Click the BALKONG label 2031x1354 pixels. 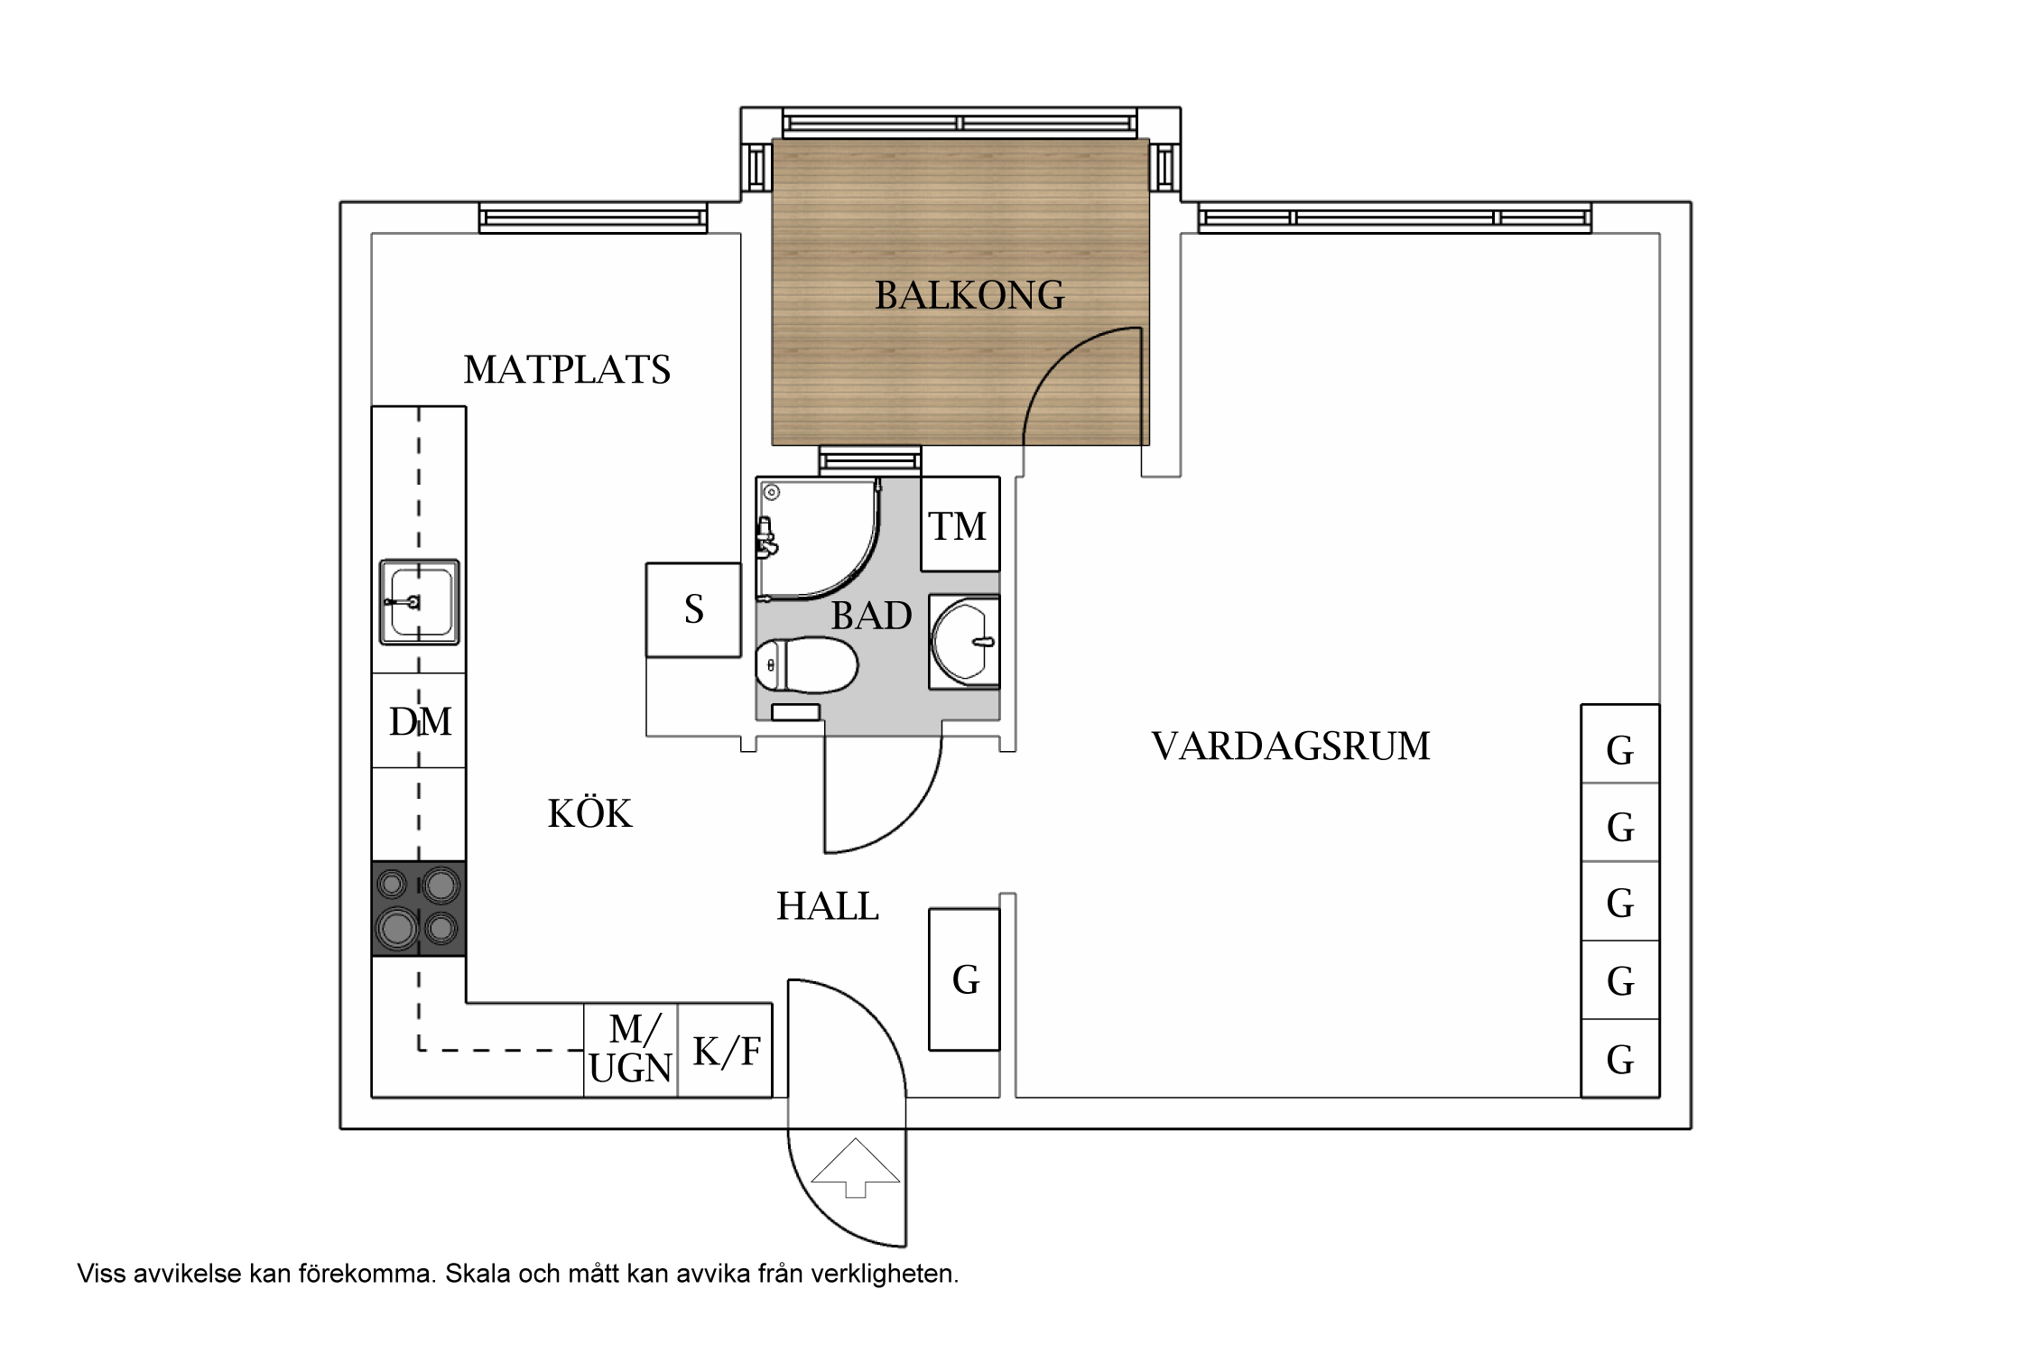969,295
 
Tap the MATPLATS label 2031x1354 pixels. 567,370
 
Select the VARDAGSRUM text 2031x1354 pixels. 1291,747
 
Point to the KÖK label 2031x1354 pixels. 589,814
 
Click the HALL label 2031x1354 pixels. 828,906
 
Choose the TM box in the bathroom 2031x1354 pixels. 959,525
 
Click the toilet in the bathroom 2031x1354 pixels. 806,664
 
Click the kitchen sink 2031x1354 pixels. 419,601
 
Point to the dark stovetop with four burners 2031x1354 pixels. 419,908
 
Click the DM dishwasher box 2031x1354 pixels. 419,721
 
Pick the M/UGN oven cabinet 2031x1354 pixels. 630,1049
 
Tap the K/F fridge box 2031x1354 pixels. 726,1051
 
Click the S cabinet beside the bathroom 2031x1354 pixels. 693,609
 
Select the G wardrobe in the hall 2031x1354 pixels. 964,979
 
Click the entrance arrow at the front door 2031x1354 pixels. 856,1168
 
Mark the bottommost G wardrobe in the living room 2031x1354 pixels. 1619,1059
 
